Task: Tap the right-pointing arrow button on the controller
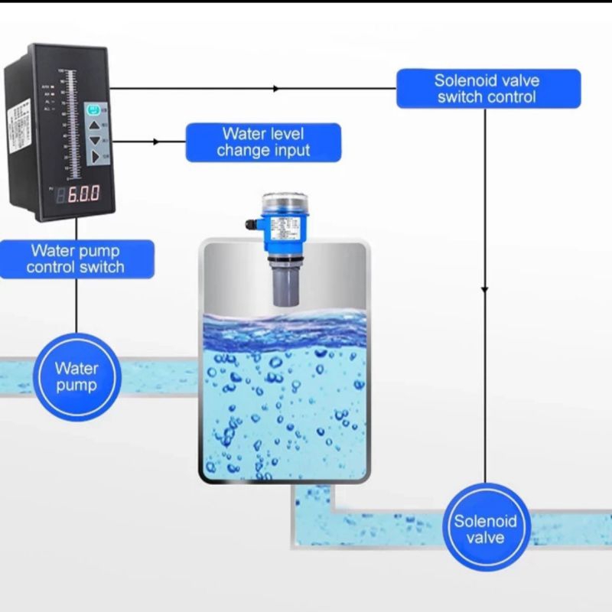(x=95, y=156)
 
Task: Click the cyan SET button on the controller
(x=94, y=110)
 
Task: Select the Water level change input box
(x=263, y=142)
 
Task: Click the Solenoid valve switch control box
(x=487, y=88)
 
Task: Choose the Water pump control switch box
(x=76, y=259)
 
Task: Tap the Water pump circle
(x=76, y=376)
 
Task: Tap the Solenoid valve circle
(x=485, y=529)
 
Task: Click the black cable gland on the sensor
(x=252, y=225)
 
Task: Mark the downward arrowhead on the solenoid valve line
(x=484, y=289)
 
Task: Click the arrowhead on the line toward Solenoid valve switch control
(x=276, y=89)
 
